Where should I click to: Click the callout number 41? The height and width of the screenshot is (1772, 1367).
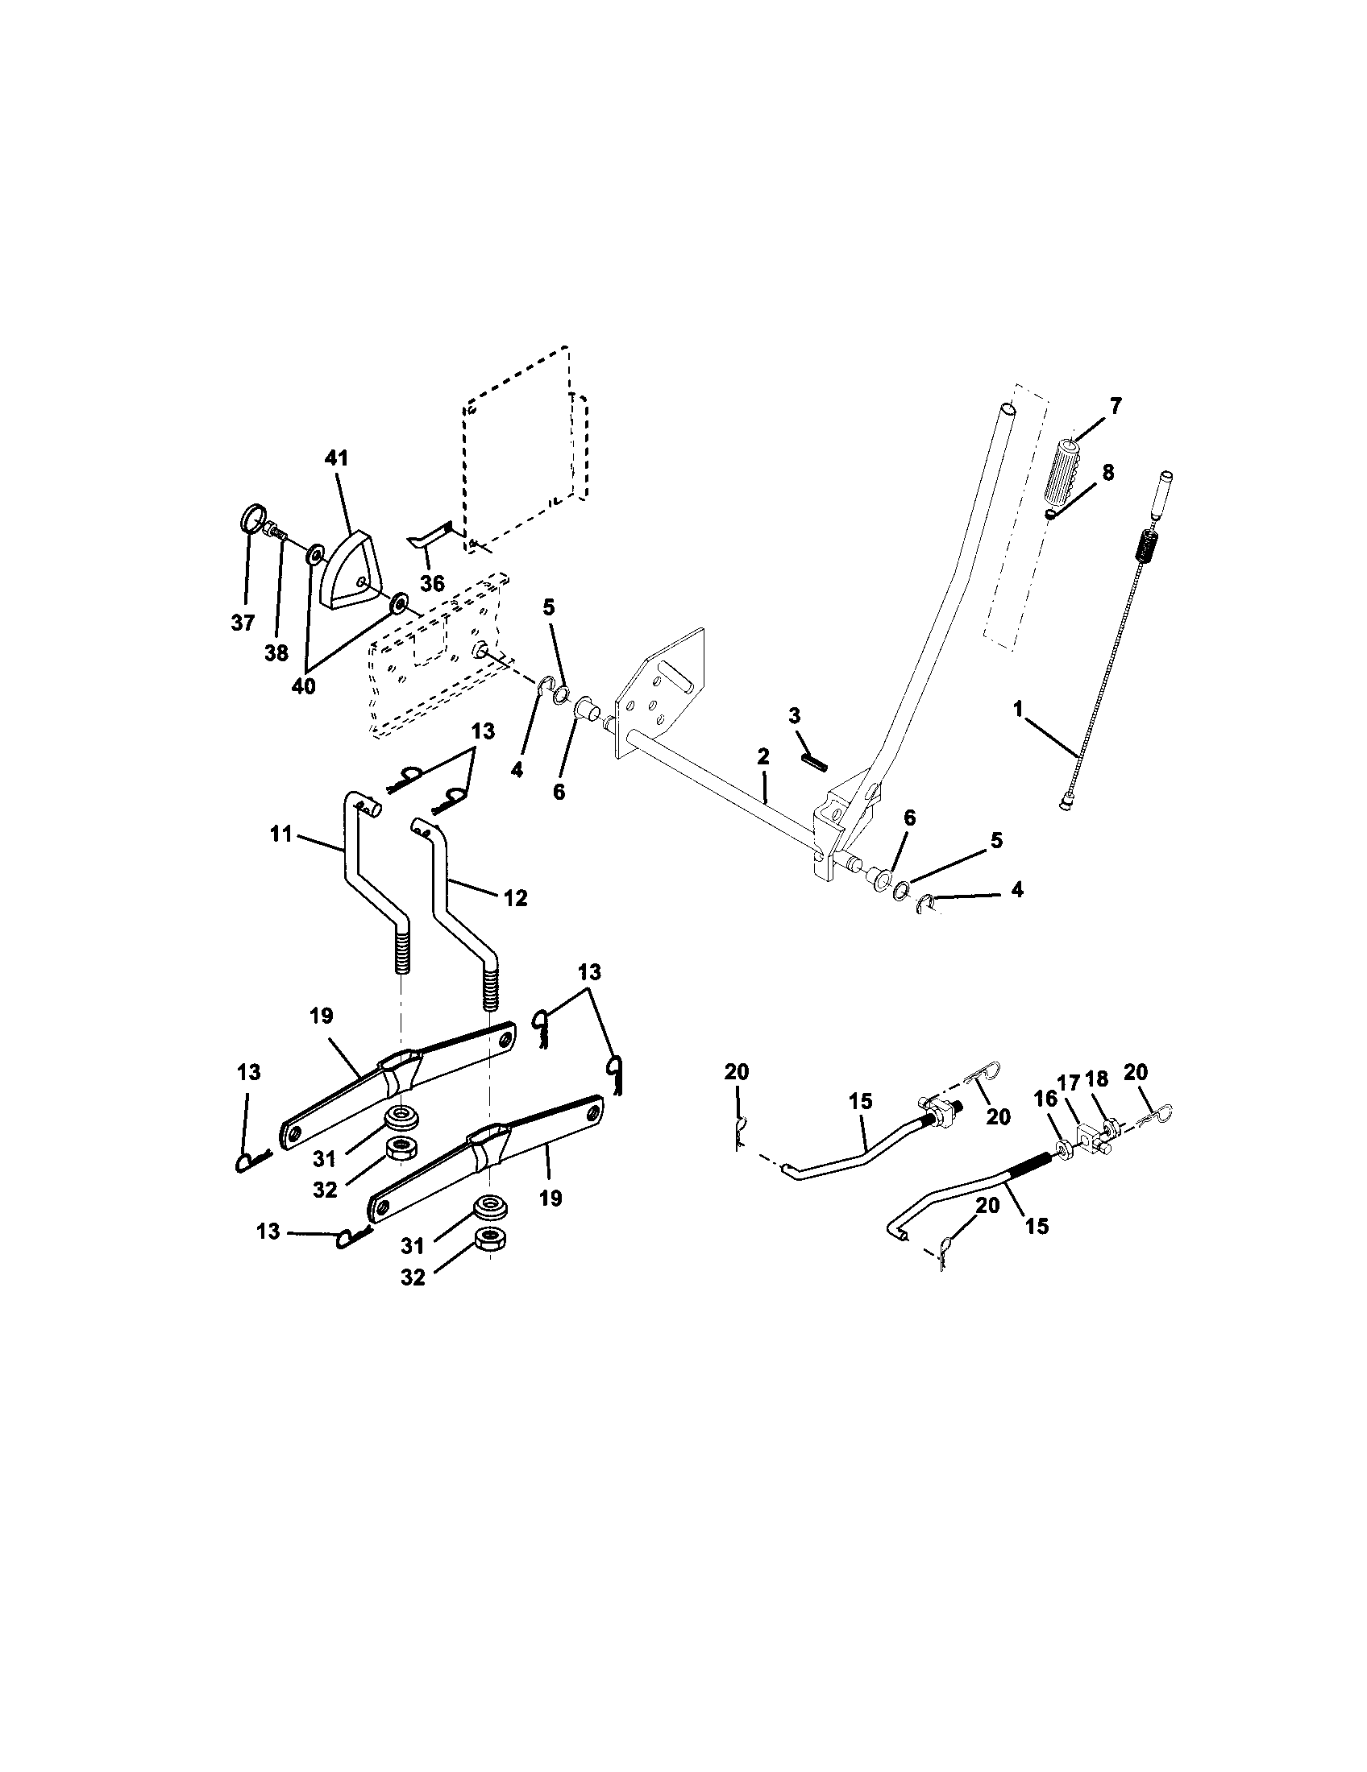coord(336,458)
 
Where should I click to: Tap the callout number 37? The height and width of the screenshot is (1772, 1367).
coord(242,623)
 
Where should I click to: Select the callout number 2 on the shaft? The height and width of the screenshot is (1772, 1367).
coord(762,756)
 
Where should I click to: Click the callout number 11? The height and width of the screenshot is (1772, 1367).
coord(280,834)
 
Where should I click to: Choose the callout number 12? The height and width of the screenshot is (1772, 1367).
coord(515,897)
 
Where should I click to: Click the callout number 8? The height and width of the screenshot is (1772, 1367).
coord(1108,472)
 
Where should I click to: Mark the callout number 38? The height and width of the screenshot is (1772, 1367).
coord(276,652)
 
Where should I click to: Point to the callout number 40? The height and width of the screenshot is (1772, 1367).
coord(304,685)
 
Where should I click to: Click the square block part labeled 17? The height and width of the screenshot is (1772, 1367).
coord(1089,1133)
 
